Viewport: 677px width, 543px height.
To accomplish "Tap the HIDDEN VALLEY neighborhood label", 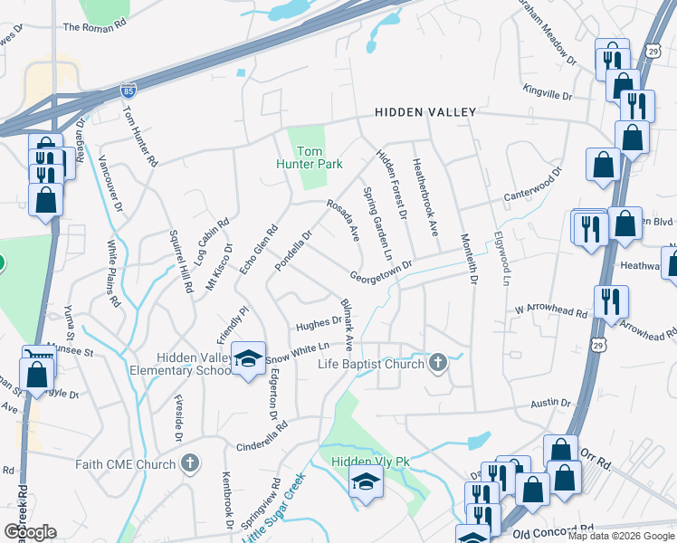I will [x=425, y=112].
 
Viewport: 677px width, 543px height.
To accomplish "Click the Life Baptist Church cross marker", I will [x=438, y=364].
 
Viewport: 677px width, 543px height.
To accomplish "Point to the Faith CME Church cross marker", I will [x=189, y=464].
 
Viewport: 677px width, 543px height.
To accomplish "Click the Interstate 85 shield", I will [x=129, y=91].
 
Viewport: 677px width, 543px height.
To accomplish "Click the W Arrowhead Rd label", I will [x=551, y=312].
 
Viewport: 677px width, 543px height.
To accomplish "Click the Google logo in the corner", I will [x=30, y=531].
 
